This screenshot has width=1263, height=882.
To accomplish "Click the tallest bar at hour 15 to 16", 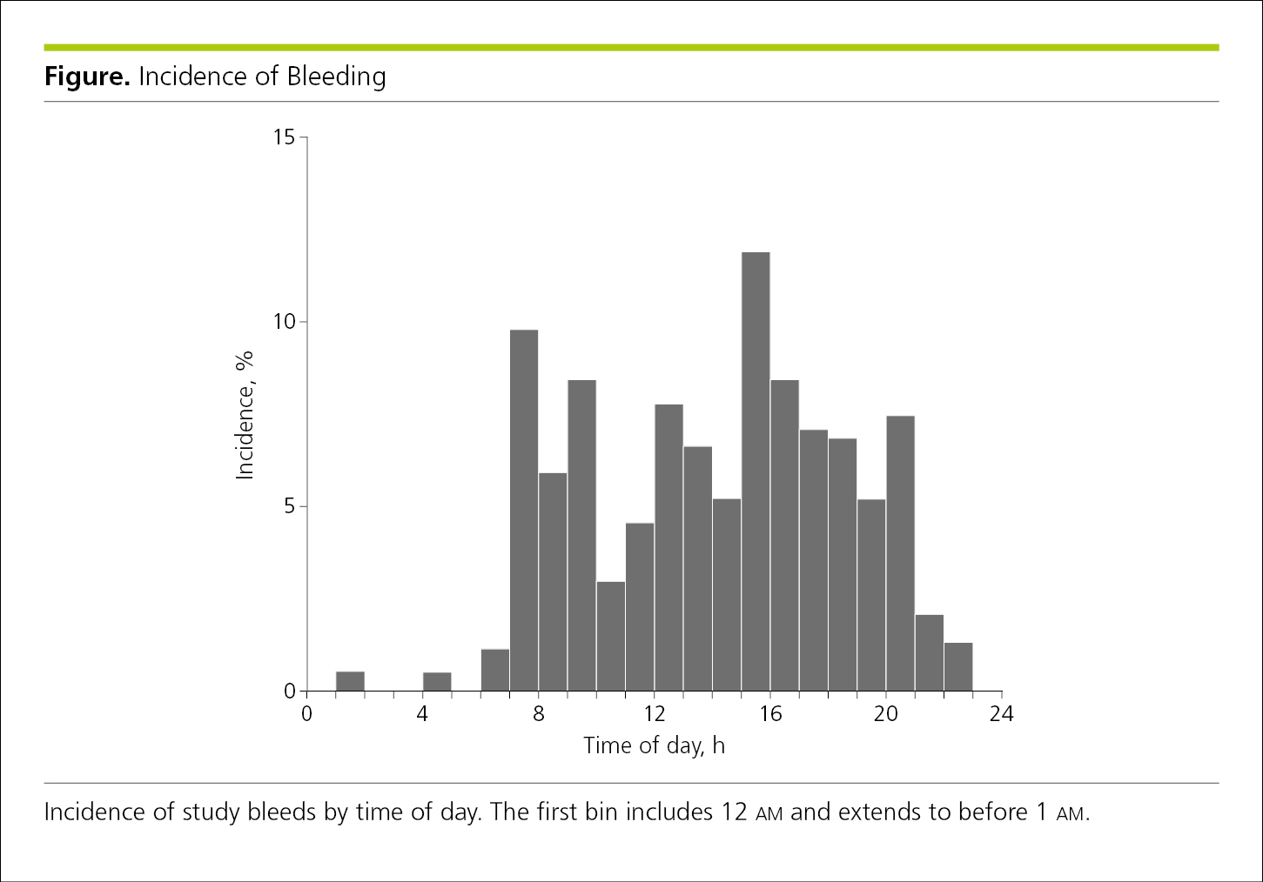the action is point(756,471).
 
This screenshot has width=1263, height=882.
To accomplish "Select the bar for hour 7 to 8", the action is point(524,510).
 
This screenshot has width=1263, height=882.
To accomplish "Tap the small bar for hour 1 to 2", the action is point(350,681).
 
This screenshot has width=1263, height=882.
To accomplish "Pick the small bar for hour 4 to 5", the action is point(437,681).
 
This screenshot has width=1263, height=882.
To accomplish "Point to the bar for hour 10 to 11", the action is point(611,636).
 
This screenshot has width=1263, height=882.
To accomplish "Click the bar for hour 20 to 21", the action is point(900,553).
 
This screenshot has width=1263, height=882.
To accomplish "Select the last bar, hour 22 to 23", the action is point(958,666).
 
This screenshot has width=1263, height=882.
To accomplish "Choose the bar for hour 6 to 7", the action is point(495,670).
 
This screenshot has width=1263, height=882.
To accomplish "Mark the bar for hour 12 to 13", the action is point(668,547).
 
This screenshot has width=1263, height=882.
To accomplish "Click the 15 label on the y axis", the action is point(284,137).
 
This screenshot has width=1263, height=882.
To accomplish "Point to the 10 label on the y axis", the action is point(284,322).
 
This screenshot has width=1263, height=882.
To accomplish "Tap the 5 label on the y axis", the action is point(290,506).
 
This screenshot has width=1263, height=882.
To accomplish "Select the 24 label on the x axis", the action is point(1001,715).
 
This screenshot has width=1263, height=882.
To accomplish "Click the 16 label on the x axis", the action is point(770,715).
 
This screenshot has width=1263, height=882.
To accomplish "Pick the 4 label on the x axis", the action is point(422,715).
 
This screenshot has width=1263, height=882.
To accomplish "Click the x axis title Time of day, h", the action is point(654,745).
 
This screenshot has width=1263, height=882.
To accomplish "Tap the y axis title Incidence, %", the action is point(244,416).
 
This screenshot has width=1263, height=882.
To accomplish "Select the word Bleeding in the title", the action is point(337,77).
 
